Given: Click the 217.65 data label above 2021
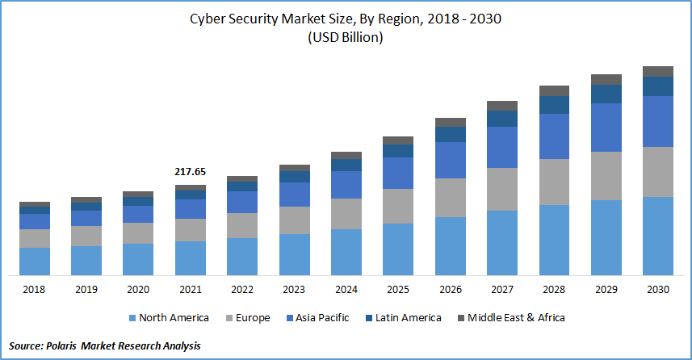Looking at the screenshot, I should [x=191, y=172].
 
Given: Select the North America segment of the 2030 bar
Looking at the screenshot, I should [x=658, y=235].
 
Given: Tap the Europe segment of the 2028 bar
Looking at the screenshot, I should [x=554, y=182].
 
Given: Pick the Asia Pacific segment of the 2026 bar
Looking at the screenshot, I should [x=451, y=160].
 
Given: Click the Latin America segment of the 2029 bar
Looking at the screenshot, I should [x=606, y=94].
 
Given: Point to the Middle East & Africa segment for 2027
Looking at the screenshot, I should [x=502, y=106].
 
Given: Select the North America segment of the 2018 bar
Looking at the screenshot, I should [x=35, y=261].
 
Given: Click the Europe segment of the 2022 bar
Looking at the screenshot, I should [x=242, y=225].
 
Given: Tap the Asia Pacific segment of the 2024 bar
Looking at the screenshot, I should [x=346, y=185].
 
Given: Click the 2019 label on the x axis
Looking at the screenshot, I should [x=86, y=289].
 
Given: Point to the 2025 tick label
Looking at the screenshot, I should [x=398, y=289].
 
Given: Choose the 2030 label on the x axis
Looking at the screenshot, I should [x=658, y=289].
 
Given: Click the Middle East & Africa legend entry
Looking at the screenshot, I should [x=514, y=318].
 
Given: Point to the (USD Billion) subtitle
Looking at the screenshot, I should [x=345, y=38].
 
